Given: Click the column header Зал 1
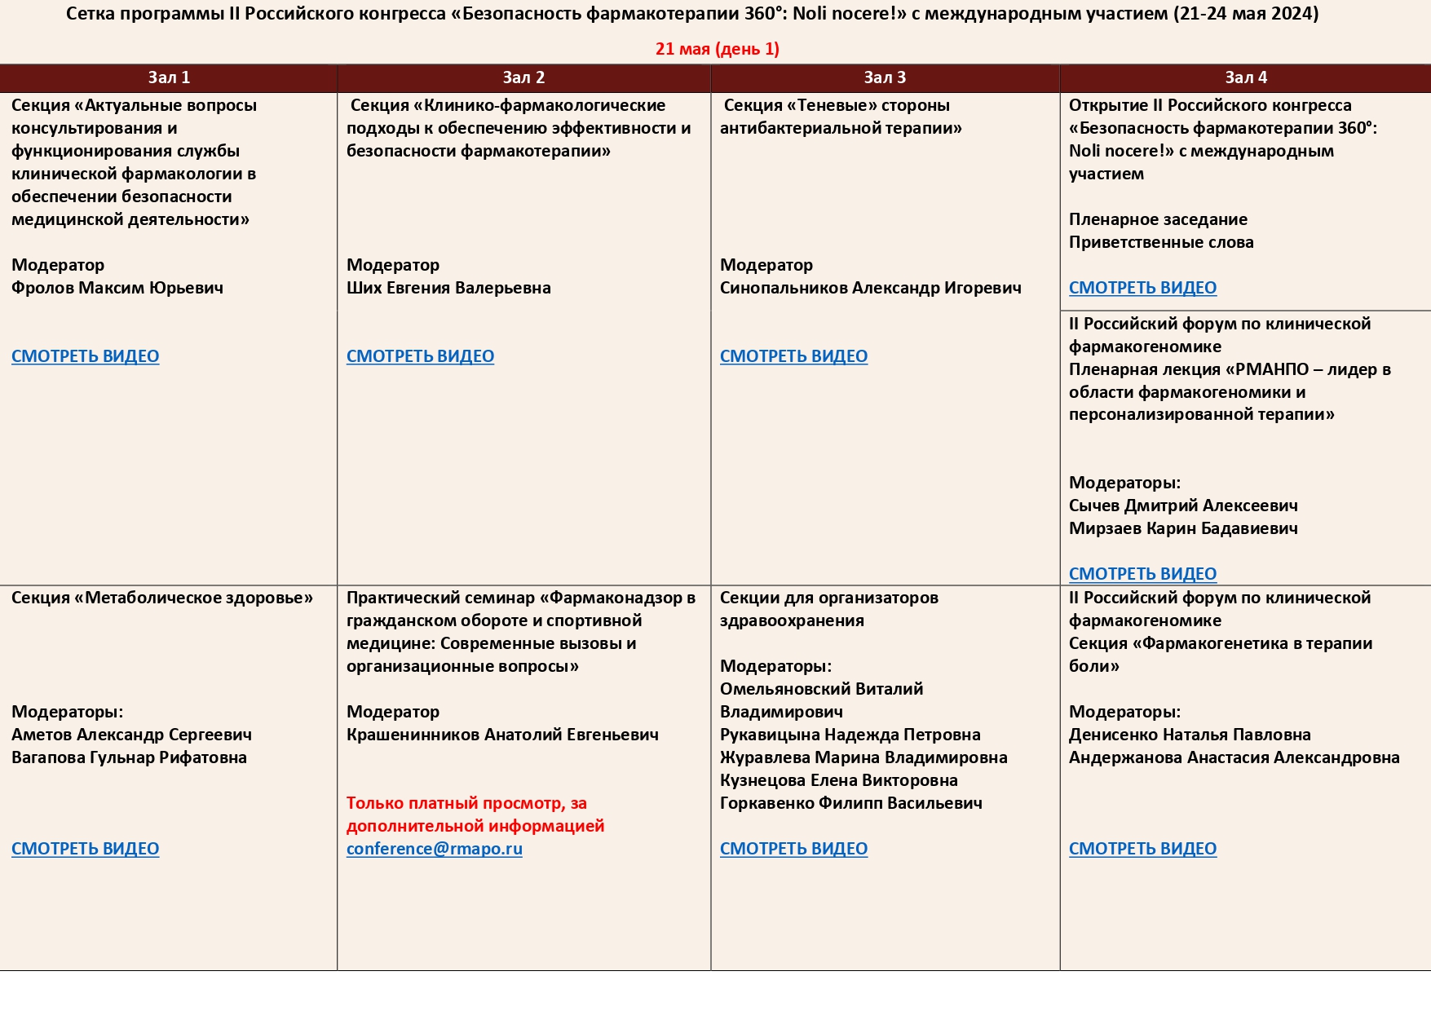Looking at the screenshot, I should [169, 77].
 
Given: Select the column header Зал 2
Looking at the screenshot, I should [523, 77].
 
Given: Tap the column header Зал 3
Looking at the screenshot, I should [885, 77].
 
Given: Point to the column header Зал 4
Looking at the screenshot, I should [1246, 77].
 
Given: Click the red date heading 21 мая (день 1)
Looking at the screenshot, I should [717, 49].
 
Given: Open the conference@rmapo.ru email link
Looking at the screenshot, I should [434, 849].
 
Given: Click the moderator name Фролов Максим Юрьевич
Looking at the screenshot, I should [117, 288].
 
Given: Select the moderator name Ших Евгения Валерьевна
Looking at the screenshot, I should [448, 288].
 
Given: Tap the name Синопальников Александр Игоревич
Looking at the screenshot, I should [870, 288].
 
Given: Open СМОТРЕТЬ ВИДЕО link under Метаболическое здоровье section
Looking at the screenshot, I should [85, 849].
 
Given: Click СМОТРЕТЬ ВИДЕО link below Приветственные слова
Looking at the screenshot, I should [1142, 288].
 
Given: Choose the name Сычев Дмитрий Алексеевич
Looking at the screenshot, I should [1182, 505].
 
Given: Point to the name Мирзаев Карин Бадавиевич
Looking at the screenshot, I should [1182, 528].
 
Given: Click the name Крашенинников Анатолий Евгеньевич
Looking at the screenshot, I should [502, 735].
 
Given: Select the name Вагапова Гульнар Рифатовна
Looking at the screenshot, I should [129, 757].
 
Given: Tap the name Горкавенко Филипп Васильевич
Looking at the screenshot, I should [850, 803].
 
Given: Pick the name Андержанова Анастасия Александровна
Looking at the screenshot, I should [1234, 757].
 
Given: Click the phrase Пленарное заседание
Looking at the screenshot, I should [1158, 219].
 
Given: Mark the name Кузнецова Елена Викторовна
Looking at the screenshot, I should [838, 780].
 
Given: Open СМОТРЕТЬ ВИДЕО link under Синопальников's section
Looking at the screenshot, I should [793, 356].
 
